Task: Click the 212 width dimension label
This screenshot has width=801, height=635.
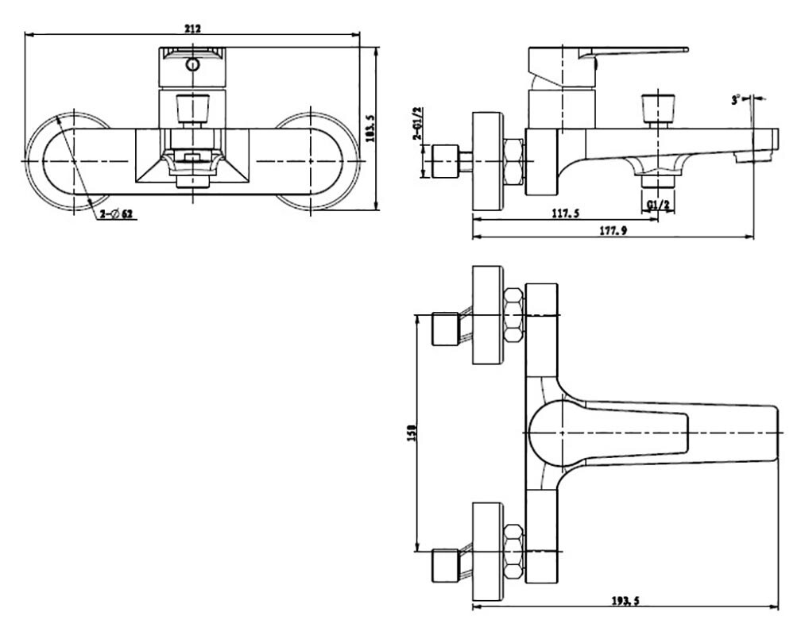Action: click(192, 29)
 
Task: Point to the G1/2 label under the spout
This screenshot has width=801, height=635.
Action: click(658, 205)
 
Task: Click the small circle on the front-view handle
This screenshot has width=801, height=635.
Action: click(192, 65)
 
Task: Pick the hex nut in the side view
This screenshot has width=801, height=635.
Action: click(513, 162)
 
